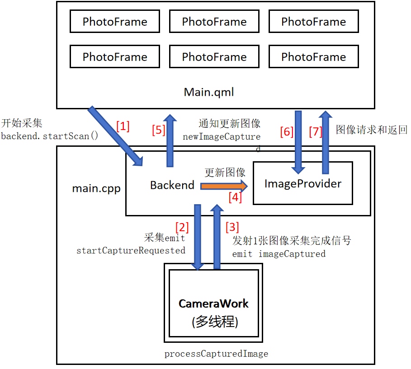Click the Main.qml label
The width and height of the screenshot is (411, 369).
point(208,92)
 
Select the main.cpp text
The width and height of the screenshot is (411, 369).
point(96,188)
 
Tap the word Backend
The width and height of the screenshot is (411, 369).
point(172,185)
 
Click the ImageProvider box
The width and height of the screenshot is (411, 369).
point(302,184)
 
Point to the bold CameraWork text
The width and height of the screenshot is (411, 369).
point(213,304)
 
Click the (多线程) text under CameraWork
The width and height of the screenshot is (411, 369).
point(214,322)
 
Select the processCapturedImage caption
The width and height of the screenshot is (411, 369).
point(216,354)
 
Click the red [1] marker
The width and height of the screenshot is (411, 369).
point(123,126)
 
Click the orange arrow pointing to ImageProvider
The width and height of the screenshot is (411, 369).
point(224,186)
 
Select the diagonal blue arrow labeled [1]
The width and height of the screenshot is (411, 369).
point(115,135)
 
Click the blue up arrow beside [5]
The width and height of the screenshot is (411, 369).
point(170,140)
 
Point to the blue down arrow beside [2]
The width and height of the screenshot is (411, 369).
point(198,237)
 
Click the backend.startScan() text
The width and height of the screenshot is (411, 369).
point(49,136)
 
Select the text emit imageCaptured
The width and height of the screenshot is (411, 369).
point(279,254)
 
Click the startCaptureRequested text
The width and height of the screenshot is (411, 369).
point(131,250)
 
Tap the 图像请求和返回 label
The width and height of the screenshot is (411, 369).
point(372,130)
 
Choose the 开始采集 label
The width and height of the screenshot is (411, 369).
point(22,123)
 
